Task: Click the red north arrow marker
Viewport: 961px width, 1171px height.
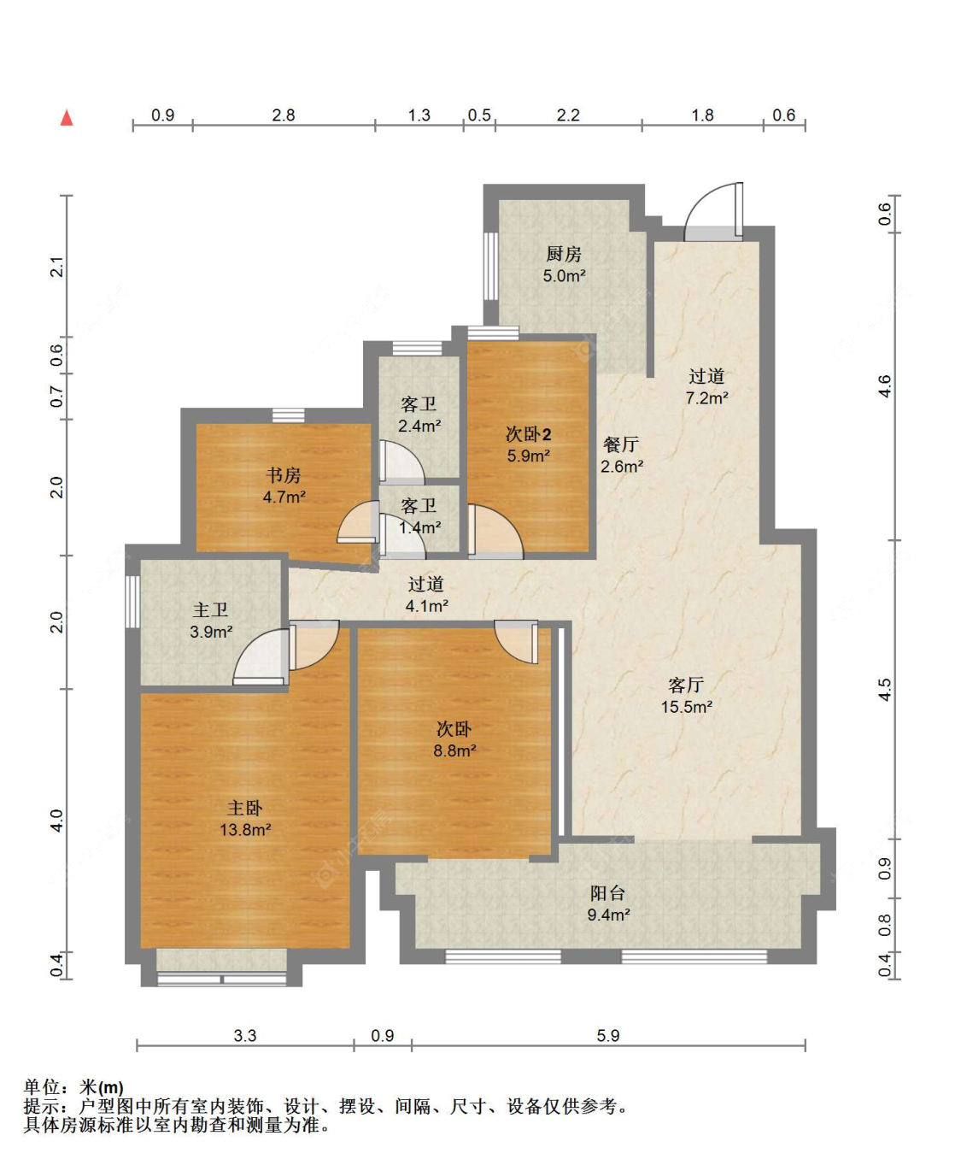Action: [x=67, y=118]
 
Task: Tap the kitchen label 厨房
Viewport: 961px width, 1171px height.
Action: [x=564, y=254]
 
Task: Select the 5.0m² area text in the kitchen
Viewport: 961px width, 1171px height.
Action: [x=565, y=275]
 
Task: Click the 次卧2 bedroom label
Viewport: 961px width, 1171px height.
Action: [x=528, y=433]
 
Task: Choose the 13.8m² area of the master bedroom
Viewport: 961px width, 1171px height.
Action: [x=245, y=829]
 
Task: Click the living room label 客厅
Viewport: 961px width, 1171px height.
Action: [x=686, y=686]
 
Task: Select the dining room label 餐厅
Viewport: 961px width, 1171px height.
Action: [x=621, y=444]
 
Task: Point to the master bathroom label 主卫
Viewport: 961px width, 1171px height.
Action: [x=210, y=610]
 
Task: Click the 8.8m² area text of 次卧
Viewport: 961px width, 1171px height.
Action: [x=455, y=750]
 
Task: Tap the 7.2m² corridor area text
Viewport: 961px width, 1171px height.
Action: [x=707, y=397]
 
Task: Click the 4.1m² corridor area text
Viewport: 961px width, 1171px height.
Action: [x=426, y=605]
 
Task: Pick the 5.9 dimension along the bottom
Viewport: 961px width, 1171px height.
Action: [x=608, y=1035]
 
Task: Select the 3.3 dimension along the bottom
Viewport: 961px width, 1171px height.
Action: [x=244, y=1035]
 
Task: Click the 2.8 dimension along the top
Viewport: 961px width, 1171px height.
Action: [x=284, y=115]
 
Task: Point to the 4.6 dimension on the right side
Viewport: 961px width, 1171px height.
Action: [x=884, y=386]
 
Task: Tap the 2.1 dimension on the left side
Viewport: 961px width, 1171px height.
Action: [x=56, y=267]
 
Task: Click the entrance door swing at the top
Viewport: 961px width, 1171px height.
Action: [x=713, y=211]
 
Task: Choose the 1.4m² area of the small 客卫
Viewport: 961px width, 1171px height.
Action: [x=420, y=527]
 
